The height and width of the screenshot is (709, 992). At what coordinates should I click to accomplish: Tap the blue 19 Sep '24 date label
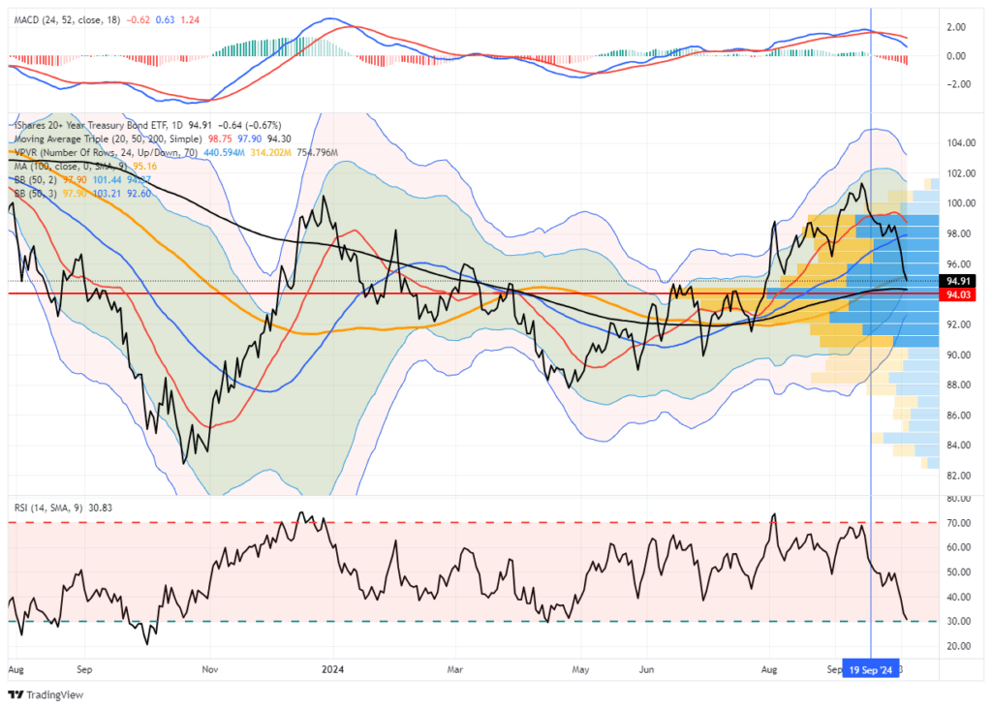[x=869, y=668]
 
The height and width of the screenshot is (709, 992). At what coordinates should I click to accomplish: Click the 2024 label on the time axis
[x=333, y=668]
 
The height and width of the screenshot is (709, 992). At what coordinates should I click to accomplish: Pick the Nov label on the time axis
[x=209, y=668]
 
